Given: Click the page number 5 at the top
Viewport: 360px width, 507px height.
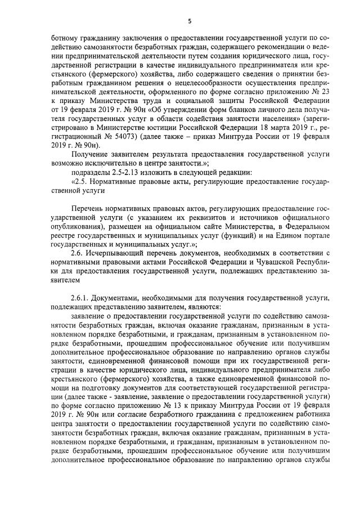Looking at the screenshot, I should [x=189, y=21].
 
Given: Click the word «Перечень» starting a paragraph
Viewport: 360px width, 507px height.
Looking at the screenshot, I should [x=88, y=208].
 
